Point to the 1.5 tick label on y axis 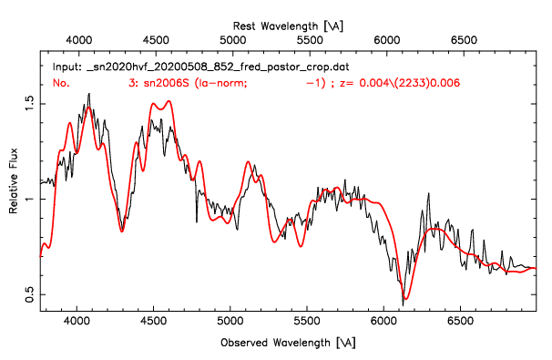tap(30, 105)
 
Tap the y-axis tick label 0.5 tap(30, 294)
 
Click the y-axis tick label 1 tap(30, 200)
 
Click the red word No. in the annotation tap(61, 83)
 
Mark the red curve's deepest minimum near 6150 tap(405, 298)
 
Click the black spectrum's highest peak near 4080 tap(88, 94)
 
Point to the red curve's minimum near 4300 tap(121, 231)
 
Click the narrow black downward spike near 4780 tap(196, 221)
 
